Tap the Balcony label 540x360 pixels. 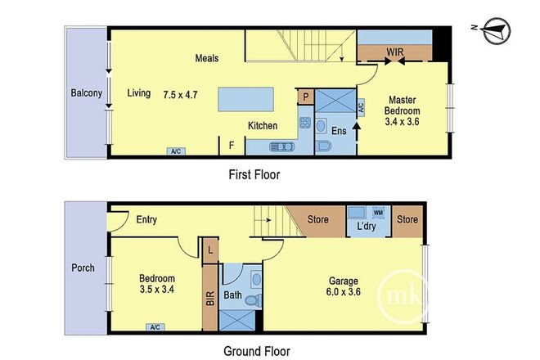(x=85, y=93)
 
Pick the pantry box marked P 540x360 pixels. (x=305, y=96)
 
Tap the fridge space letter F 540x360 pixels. (x=232, y=146)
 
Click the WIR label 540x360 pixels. (x=396, y=52)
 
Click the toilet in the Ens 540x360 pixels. (x=323, y=147)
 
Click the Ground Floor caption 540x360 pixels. (x=257, y=352)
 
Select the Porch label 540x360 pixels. (x=83, y=268)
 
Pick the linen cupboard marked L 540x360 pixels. (x=210, y=250)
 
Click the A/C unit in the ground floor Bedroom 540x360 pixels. (x=154, y=327)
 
